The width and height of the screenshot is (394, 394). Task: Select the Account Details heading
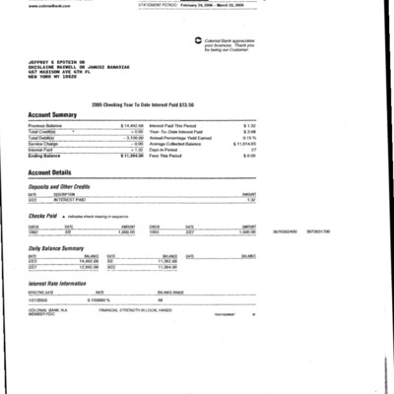[55, 170]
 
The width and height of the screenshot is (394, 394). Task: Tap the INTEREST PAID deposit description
[67, 200]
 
